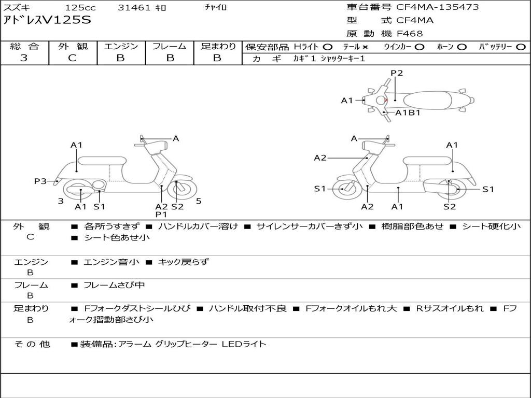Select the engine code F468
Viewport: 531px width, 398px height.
point(410,34)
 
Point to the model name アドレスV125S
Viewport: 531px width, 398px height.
point(47,21)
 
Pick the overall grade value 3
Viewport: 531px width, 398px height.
point(24,58)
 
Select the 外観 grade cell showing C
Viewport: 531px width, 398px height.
point(72,58)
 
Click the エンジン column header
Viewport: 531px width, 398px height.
point(121,46)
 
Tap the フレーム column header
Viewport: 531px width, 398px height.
point(169,46)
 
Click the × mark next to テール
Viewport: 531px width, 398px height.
point(365,47)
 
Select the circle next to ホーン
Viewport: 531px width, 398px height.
point(462,47)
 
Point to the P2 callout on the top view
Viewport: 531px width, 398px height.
point(397,73)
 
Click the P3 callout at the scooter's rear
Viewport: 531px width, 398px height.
point(40,181)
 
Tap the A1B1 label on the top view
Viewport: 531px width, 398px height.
point(408,112)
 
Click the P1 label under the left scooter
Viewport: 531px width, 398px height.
point(161,214)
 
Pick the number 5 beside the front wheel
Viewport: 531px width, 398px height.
point(199,201)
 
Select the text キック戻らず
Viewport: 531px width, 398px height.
point(183,262)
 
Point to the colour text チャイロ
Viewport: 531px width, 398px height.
point(216,8)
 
